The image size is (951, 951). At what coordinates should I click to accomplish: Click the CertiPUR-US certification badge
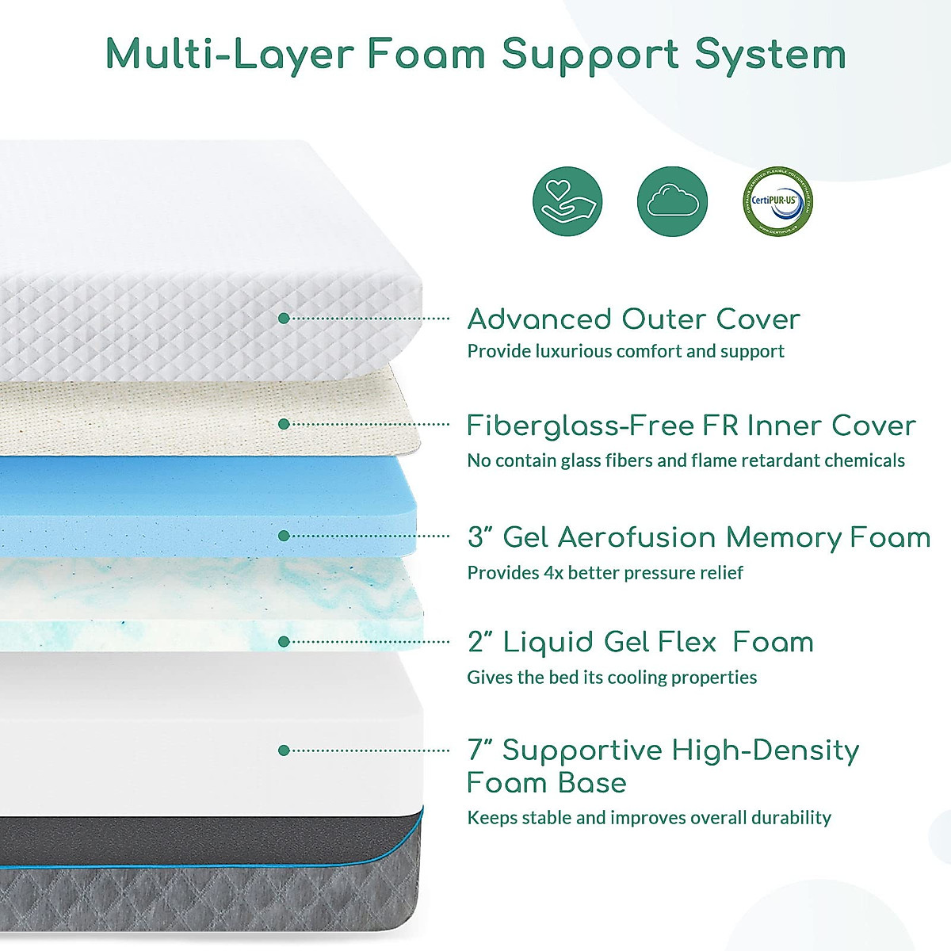click(778, 201)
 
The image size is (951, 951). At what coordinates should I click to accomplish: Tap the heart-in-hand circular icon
click(567, 201)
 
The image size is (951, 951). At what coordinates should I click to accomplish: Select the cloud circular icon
click(672, 201)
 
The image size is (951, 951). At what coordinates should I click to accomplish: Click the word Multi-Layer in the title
click(230, 55)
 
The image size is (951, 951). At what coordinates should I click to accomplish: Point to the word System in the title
click(770, 55)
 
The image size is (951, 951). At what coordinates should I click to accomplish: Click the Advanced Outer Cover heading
click(633, 319)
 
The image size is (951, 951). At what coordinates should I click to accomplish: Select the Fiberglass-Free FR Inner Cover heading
click(691, 426)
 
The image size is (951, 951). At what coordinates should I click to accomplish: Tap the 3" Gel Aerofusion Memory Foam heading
click(699, 537)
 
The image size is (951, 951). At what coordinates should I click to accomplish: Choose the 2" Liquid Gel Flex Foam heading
click(640, 642)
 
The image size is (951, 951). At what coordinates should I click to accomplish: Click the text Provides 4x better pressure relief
click(605, 572)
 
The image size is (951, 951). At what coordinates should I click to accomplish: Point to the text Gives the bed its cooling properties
click(612, 677)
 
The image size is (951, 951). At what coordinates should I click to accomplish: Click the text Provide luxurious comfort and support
click(625, 351)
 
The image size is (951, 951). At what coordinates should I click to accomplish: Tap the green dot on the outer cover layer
click(284, 319)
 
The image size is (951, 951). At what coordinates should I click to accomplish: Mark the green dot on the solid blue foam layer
click(284, 536)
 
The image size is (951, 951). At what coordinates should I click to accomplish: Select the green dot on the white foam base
click(284, 750)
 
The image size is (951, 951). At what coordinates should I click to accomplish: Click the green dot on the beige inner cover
click(284, 424)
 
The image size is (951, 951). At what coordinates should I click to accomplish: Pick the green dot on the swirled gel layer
click(284, 641)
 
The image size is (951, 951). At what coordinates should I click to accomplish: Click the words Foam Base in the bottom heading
click(547, 783)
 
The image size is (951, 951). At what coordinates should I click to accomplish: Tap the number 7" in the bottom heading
click(480, 750)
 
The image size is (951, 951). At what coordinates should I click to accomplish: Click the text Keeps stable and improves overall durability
click(649, 817)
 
